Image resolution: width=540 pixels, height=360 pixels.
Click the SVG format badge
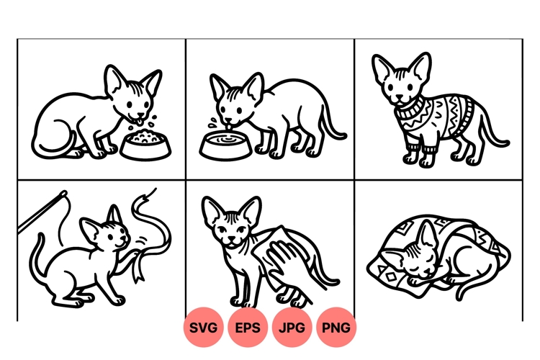coord(204,328)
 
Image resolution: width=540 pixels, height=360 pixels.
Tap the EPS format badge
coord(248,328)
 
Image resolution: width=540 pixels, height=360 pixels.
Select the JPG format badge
coord(292,328)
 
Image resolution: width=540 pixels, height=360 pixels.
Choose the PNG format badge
coord(336,328)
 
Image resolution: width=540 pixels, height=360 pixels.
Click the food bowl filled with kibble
coord(146,144)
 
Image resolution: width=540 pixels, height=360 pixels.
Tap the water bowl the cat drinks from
coord(225,145)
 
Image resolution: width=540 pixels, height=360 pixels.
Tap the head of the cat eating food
coord(132,96)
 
